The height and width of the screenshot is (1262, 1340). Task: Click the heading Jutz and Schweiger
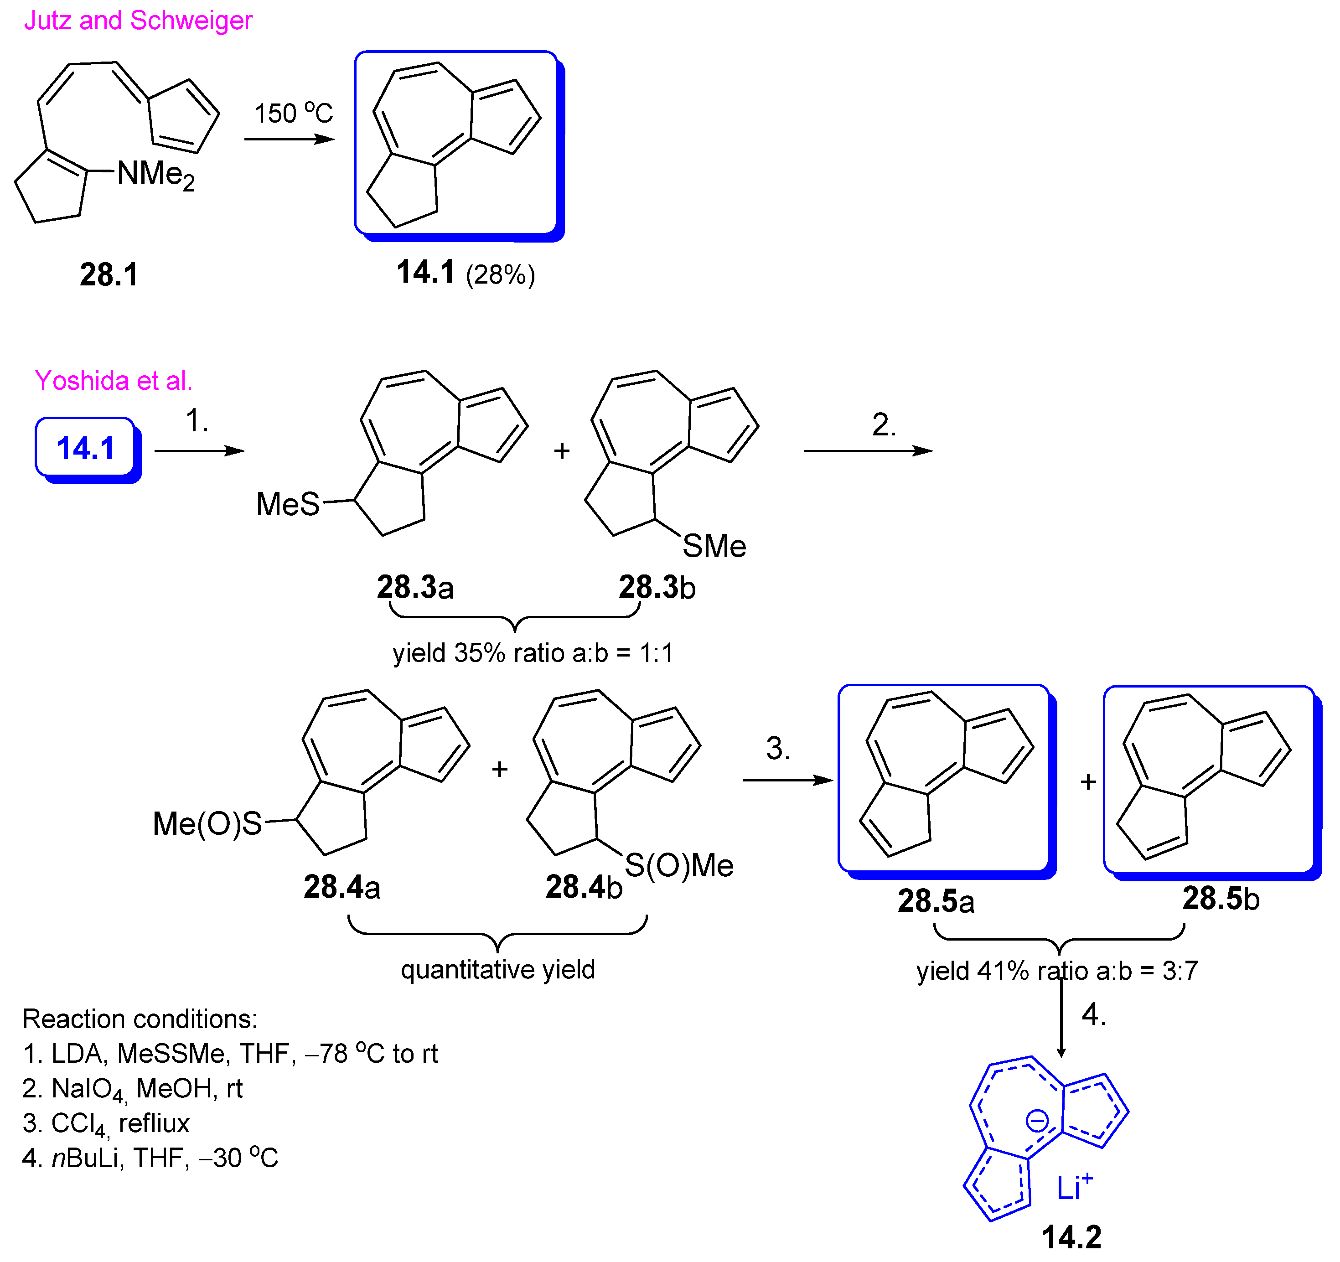click(138, 20)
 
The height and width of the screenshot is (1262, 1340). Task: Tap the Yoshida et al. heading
click(113, 381)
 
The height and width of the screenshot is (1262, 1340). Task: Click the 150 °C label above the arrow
click(293, 113)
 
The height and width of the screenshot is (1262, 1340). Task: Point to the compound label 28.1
click(109, 275)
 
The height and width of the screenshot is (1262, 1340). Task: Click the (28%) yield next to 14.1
click(500, 275)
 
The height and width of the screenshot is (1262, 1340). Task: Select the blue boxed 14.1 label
click(86, 448)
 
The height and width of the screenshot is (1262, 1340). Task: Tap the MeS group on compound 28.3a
click(288, 504)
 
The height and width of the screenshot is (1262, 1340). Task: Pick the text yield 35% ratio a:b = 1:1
click(533, 652)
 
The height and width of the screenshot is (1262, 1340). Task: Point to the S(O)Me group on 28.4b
click(679, 866)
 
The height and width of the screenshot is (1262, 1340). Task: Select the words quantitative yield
click(497, 969)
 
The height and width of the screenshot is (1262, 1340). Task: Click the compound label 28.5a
click(936, 901)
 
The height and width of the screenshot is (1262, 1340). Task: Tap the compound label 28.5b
click(1220, 899)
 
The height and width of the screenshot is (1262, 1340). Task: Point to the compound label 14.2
click(1071, 1237)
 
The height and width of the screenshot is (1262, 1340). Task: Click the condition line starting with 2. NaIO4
click(132, 1089)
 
